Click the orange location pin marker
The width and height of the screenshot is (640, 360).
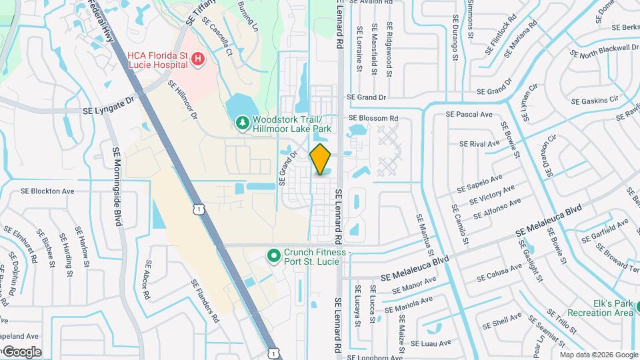(321, 159)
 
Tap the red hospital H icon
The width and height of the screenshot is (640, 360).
(198, 60)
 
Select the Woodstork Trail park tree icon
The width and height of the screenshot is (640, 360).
(241, 123)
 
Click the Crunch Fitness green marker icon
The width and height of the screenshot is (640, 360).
(273, 256)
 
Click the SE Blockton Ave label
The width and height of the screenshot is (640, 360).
(47, 191)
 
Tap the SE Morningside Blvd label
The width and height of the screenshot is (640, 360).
(117, 186)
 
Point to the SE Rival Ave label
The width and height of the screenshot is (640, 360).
(479, 143)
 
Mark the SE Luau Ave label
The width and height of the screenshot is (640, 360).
(431, 343)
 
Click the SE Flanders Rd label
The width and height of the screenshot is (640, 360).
(205, 301)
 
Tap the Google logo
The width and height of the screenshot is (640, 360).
(22, 351)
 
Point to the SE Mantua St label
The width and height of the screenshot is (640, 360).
(425, 238)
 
